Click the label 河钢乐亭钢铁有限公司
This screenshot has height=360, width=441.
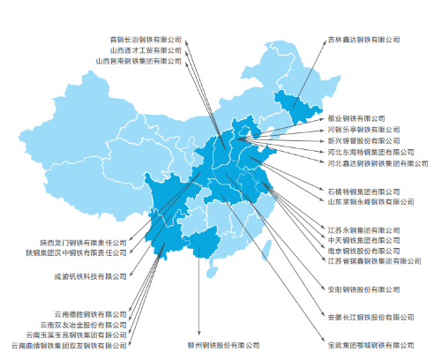click(x=364, y=129)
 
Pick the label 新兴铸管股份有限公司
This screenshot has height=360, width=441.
click(x=364, y=140)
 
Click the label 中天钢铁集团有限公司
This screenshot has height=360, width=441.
click(x=364, y=240)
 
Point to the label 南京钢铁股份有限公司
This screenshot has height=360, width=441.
click(x=364, y=251)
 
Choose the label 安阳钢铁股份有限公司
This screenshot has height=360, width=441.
click(x=364, y=289)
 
